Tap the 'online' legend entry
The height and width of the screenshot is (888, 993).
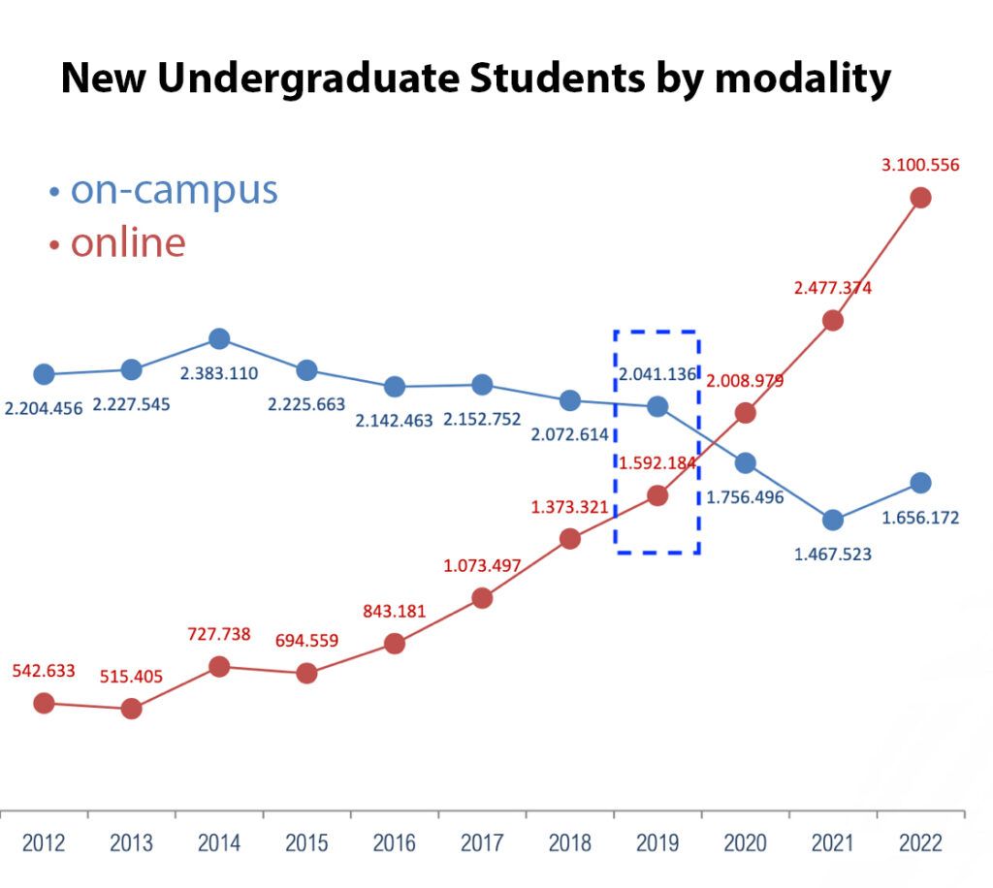127,242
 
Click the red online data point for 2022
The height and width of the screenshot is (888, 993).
920,198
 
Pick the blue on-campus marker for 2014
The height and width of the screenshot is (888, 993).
219,338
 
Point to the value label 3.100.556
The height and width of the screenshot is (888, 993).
919,165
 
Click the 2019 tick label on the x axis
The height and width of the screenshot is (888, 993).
657,843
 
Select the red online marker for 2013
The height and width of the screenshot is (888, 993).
132,709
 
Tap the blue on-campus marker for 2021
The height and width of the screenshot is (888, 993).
832,520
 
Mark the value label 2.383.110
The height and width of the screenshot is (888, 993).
218,373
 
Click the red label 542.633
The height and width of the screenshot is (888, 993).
44,671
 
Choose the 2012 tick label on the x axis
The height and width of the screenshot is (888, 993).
44,843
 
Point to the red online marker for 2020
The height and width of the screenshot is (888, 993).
745,413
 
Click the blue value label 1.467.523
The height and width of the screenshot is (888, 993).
832,555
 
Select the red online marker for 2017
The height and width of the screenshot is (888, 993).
482,598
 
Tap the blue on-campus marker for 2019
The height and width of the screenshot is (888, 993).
657,406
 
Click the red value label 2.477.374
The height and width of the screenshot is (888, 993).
832,288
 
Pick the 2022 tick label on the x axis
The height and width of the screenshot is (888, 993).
920,843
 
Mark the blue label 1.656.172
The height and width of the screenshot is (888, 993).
919,518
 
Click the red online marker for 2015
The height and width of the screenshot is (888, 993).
306,673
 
